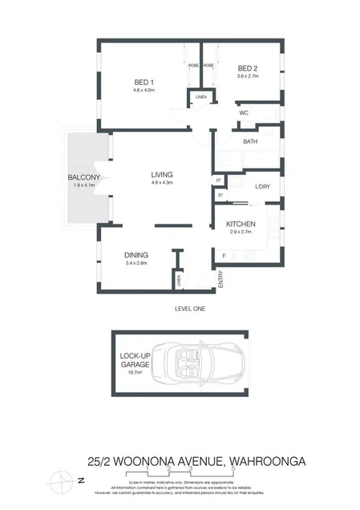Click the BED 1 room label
144,82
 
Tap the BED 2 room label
248,68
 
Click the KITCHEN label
241,224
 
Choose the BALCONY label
83,177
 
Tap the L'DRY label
262,187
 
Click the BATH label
251,141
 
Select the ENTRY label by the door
220,279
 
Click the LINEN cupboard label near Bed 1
200,98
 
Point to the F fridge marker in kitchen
224,256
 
